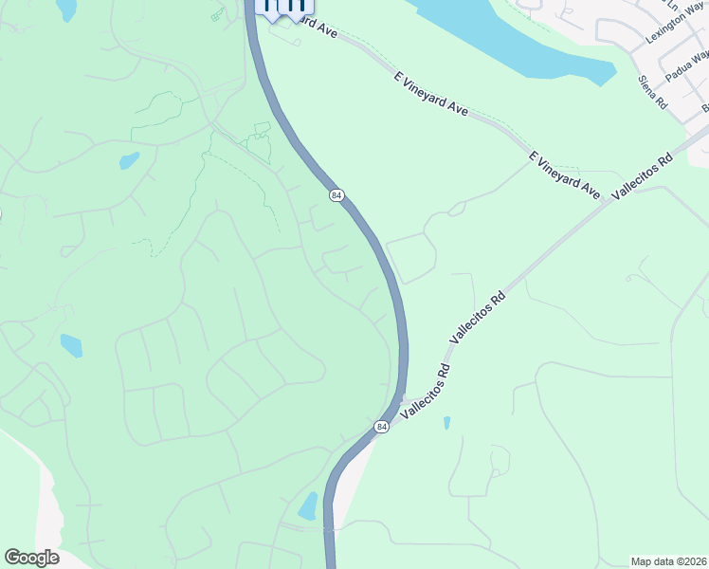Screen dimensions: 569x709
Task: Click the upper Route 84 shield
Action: [336, 194]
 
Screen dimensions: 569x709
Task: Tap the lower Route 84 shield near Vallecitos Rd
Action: [382, 428]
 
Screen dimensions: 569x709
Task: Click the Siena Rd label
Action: [653, 91]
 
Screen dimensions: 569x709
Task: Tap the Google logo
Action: [31, 558]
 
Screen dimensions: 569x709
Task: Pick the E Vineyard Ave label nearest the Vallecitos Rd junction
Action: [565, 174]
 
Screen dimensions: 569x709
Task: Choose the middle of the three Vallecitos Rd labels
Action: [478, 317]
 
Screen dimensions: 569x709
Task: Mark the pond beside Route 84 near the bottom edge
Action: [308, 506]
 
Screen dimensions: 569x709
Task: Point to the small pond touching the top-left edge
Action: [66, 9]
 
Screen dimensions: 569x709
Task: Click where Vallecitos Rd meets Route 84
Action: [404, 398]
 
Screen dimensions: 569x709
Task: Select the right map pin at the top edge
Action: [295, 9]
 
